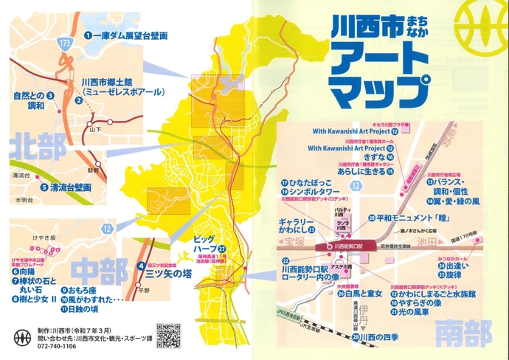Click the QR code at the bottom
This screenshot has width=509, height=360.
(169, 336)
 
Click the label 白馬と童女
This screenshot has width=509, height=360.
(364, 294)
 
